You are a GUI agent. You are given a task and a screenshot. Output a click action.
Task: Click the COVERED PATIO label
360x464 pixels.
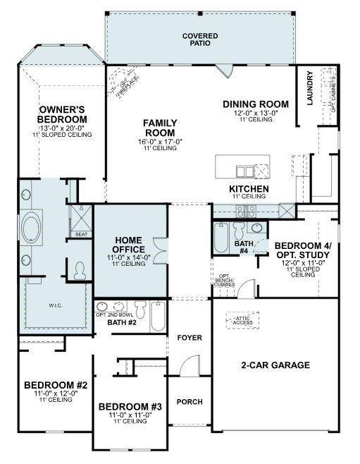(200, 40)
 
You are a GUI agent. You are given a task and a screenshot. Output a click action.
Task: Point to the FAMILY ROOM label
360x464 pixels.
(160, 128)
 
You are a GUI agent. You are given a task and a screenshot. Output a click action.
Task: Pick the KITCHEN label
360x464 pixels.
(249, 190)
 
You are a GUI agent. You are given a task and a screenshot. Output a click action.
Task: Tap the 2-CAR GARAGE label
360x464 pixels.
(275, 365)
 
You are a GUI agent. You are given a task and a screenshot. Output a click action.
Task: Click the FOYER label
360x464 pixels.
(189, 338)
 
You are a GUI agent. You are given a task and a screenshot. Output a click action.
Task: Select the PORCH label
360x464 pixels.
(189, 402)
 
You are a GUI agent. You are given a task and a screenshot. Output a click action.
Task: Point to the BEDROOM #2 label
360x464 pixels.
(56, 385)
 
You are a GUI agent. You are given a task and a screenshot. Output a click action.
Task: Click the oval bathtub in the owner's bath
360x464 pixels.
(32, 228)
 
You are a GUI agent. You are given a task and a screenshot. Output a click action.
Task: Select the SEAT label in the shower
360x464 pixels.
(81, 233)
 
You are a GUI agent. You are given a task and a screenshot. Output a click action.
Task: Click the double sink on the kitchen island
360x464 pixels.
(244, 171)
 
